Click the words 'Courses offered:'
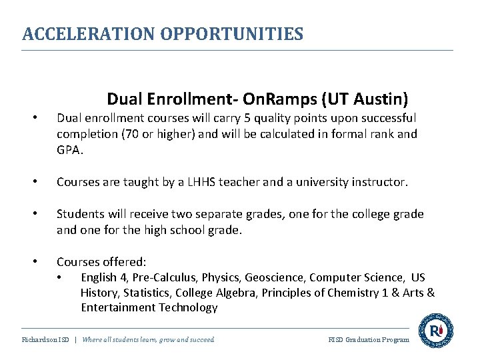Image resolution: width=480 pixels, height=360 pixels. click(x=101, y=262)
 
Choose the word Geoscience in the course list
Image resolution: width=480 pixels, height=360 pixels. click(x=271, y=277)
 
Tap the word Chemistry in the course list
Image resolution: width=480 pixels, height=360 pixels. click(x=369, y=293)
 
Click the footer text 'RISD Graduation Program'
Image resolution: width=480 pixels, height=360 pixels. click(x=369, y=340)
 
